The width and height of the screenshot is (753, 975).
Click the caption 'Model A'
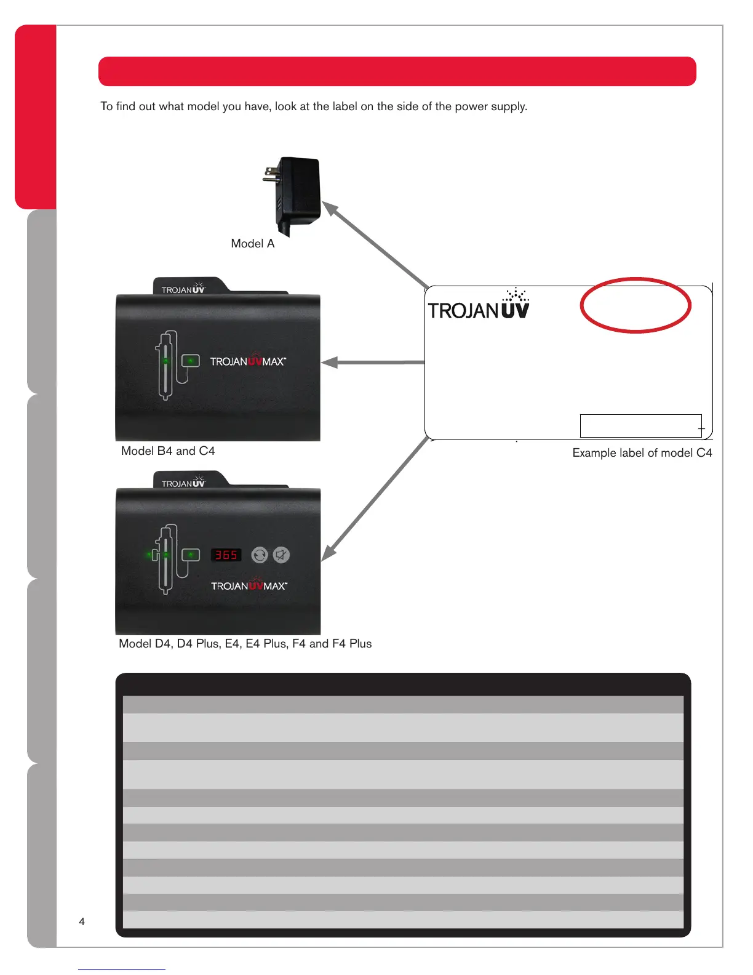(x=252, y=244)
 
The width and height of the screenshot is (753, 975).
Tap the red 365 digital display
(x=226, y=555)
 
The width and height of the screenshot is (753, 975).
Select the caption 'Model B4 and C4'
(x=168, y=451)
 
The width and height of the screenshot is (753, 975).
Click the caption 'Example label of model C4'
(x=642, y=453)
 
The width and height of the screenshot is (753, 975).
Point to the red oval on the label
(x=635, y=305)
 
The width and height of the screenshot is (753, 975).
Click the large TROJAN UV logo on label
(x=479, y=306)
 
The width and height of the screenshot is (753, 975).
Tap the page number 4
(x=82, y=921)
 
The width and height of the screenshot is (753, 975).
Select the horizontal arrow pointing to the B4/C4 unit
(x=373, y=363)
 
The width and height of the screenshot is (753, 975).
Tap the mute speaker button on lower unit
(x=281, y=555)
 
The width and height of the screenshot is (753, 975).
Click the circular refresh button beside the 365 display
(x=260, y=555)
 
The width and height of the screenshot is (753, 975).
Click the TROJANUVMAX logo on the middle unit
(x=248, y=361)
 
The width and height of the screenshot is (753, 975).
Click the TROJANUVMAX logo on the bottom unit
(x=249, y=585)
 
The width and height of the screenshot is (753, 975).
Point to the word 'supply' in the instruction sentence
(x=510, y=106)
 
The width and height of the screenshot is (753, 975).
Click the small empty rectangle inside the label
(x=640, y=426)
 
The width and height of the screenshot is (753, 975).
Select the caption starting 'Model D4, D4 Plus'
(x=245, y=644)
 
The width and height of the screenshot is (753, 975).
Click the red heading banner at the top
(x=397, y=71)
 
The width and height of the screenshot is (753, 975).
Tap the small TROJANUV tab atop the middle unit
(x=183, y=289)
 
